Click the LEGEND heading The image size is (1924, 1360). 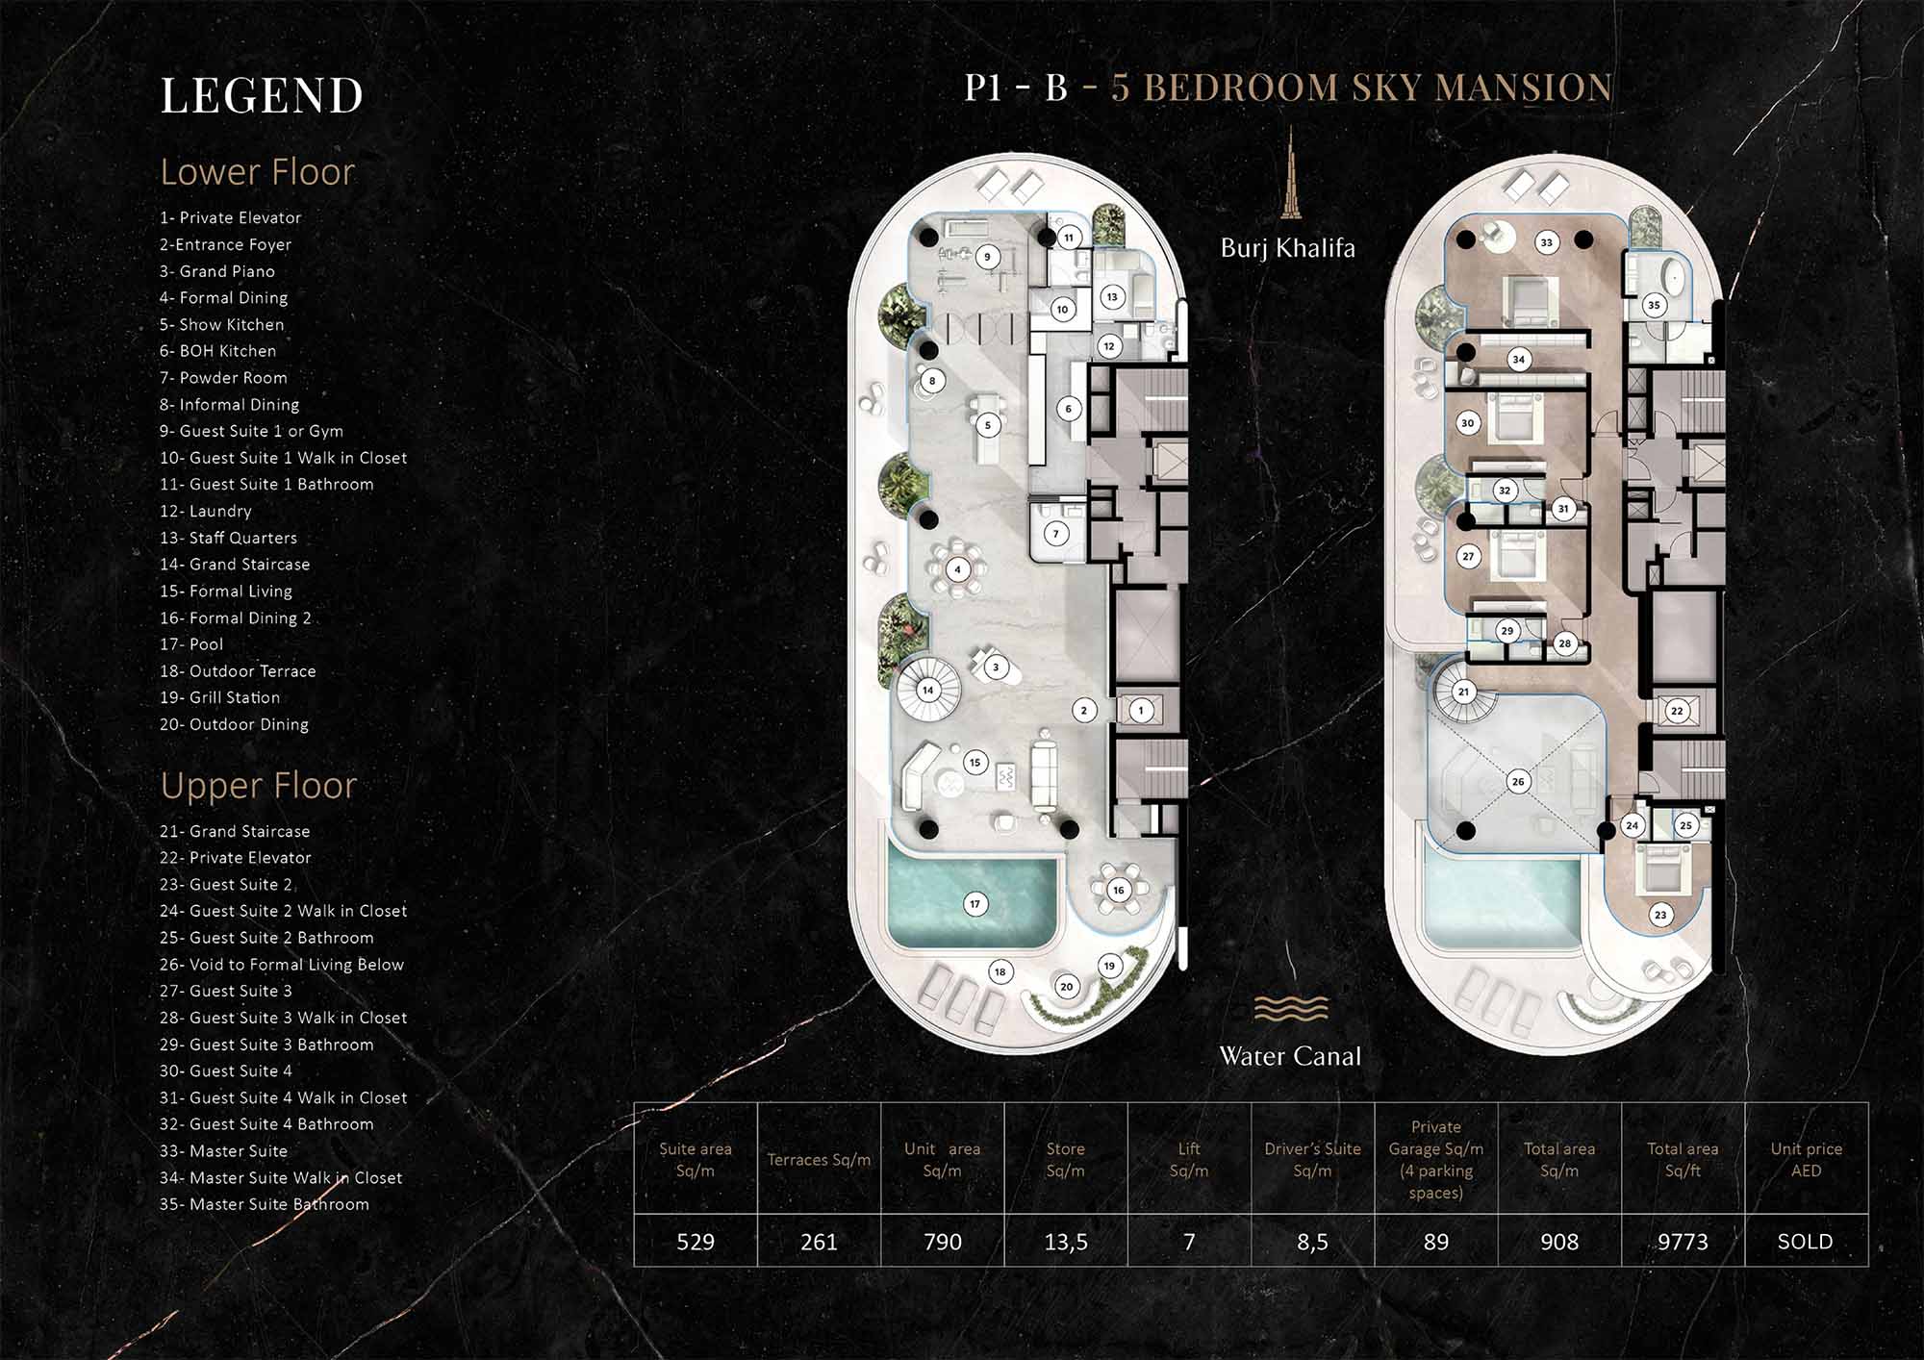coord(262,95)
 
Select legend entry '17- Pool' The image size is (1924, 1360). coord(191,644)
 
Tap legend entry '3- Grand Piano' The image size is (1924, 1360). coord(217,271)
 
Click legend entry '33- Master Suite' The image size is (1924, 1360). coord(223,1150)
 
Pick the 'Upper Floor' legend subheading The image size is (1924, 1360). coord(259,786)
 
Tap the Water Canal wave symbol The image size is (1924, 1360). coord(1291,1008)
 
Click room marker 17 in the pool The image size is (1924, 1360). coord(975,904)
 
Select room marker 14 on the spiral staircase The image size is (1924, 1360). coord(927,690)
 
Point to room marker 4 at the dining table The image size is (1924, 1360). coord(957,569)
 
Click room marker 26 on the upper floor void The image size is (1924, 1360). coord(1518,781)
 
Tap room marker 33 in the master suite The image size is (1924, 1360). coord(1547,242)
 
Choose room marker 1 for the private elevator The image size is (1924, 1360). coord(1141,711)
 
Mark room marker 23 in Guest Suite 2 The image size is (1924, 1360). coord(1660,915)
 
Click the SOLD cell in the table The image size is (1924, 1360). coord(1806,1242)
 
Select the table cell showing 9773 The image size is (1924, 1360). coord(1683,1242)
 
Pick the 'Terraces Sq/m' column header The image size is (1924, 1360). coord(819,1160)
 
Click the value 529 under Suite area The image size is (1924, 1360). coord(696,1242)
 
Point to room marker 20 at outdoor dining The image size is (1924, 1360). coord(1066,986)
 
